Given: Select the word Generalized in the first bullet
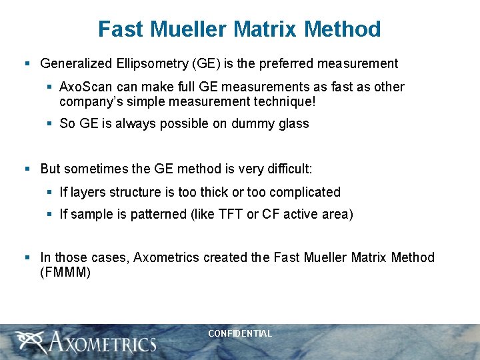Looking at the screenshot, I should [x=75, y=64].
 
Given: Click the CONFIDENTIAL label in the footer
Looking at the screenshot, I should [x=240, y=333].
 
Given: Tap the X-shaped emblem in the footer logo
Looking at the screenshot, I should [x=29, y=342].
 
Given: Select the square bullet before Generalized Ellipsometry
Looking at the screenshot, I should [x=27, y=64].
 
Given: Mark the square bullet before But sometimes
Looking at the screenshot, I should [x=27, y=169].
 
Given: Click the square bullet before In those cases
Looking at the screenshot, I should [x=27, y=257].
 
